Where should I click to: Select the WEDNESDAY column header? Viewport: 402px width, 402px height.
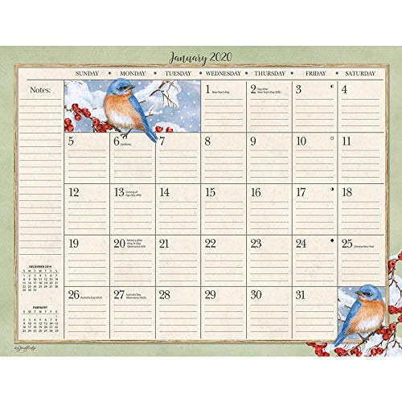(x=219, y=72)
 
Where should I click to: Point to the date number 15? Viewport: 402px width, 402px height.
(x=210, y=192)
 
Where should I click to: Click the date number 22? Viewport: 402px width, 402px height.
(x=210, y=244)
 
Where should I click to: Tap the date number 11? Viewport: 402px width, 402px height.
(x=347, y=142)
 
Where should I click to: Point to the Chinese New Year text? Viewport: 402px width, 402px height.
(x=368, y=244)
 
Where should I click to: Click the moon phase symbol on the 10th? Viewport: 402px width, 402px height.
(x=332, y=137)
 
